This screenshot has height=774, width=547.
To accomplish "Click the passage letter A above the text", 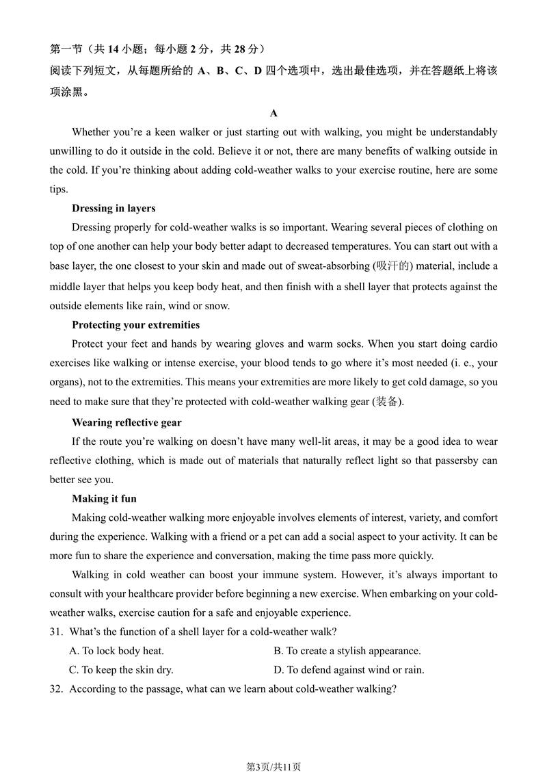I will (x=273, y=113).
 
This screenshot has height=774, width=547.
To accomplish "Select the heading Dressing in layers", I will (x=114, y=208).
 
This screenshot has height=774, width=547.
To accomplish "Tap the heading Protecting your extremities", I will (x=135, y=324).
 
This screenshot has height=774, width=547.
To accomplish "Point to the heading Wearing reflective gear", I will (x=126, y=422).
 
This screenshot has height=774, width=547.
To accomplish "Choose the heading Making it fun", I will (x=104, y=498).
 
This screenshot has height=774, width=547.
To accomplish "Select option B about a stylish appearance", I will (x=347, y=651).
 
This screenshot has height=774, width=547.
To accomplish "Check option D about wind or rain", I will (x=349, y=670).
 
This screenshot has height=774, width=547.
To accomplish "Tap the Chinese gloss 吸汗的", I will (x=393, y=266).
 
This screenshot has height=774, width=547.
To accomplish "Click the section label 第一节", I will (x=66, y=49).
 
